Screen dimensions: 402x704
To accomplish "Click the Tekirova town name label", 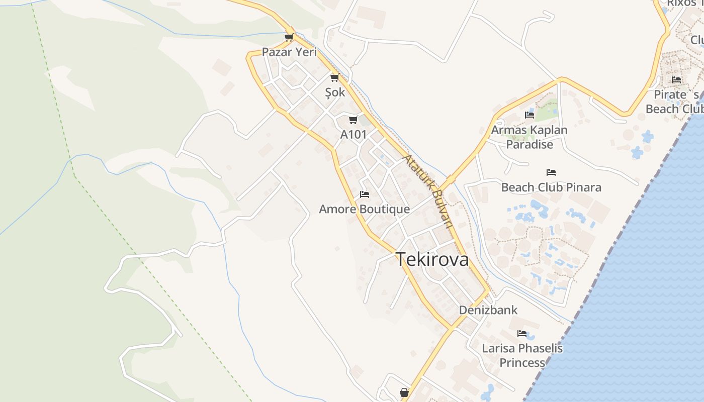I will [432, 260].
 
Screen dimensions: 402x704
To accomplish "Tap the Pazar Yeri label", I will [289, 52].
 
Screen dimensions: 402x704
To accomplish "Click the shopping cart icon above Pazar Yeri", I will [289, 37].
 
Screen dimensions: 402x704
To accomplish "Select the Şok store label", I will [335, 92].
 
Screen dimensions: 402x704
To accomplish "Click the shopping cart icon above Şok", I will [334, 77].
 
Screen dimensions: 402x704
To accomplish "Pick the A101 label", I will [354, 135].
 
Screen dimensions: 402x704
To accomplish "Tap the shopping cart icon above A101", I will [353, 120].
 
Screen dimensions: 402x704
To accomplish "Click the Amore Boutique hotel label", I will [364, 209].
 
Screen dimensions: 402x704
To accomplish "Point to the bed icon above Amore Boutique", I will [365, 194].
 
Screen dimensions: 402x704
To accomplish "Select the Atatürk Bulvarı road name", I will [429, 190].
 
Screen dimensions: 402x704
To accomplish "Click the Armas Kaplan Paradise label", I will [529, 137].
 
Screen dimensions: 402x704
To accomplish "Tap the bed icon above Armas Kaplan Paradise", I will [530, 115].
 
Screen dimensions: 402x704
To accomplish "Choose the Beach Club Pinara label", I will [551, 187].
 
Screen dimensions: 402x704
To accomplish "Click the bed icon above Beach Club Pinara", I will [551, 172].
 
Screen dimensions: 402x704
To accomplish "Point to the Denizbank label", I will [488, 310].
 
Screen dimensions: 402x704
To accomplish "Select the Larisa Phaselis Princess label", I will [522, 355].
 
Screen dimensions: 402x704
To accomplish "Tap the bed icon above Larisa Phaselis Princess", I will [522, 333].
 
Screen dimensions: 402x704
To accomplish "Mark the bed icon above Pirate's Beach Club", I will [676, 79].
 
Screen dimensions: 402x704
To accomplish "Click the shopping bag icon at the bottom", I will [404, 392].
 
